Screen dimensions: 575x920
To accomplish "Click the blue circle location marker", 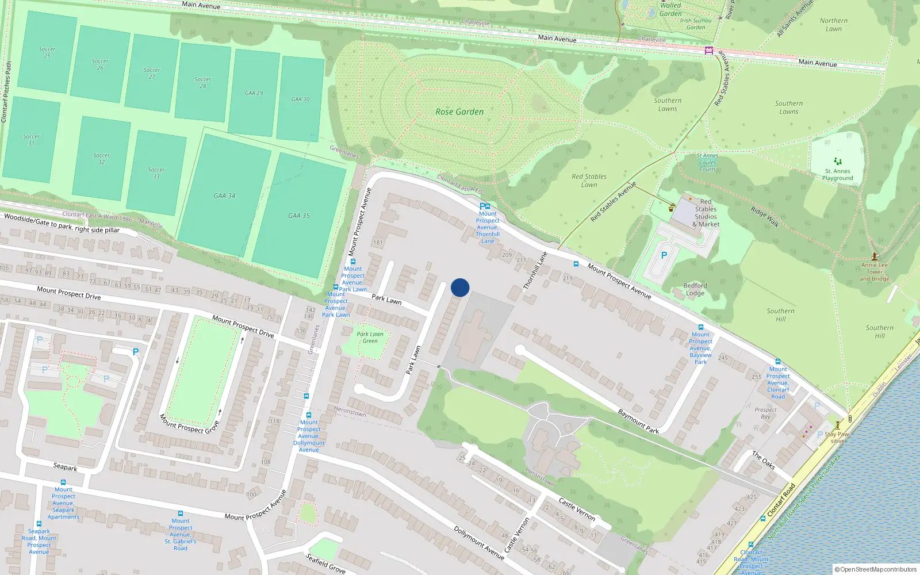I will click(460, 287).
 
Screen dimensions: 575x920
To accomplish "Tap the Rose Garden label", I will click(459, 112).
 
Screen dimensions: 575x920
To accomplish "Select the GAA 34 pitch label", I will click(224, 195).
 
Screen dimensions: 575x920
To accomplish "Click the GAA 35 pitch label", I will click(298, 216).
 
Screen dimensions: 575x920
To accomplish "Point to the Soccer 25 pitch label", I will click(47, 52).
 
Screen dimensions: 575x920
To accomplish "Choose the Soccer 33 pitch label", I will click(156, 173).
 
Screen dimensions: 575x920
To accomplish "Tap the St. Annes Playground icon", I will click(838, 162).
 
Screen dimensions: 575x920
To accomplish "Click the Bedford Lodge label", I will click(695, 289).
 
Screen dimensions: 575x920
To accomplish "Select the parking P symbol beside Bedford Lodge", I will click(664, 255).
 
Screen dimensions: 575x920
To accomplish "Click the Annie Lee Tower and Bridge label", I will click(875, 272).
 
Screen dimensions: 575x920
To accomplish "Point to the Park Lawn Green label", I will click(370, 338).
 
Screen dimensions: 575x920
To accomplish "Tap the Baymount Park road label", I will click(638, 421).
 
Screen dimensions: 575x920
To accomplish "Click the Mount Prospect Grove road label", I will click(189, 424).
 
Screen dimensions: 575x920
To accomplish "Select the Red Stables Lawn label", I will click(589, 181).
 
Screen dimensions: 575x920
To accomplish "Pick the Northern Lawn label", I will click(834, 25).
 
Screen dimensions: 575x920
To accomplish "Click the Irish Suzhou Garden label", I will click(695, 24).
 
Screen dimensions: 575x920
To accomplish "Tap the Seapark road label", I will click(65, 467).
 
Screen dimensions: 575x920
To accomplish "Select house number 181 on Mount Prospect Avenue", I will click(378, 243).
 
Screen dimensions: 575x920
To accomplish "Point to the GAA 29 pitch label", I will click(254, 93).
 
